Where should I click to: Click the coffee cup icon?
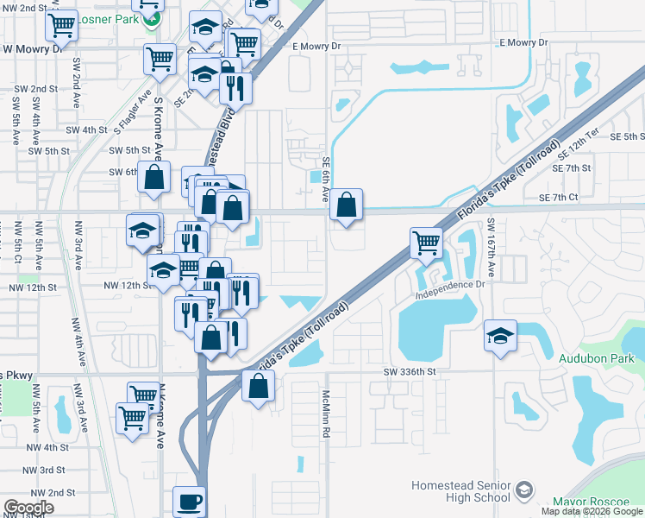point(189,501)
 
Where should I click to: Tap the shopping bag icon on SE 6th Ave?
point(346,205)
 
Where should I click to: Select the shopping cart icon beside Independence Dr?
point(426,243)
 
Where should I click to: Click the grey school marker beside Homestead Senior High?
point(523,491)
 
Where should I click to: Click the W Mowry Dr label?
point(32,49)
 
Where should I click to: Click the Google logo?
point(28,508)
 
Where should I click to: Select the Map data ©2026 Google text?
point(592,511)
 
